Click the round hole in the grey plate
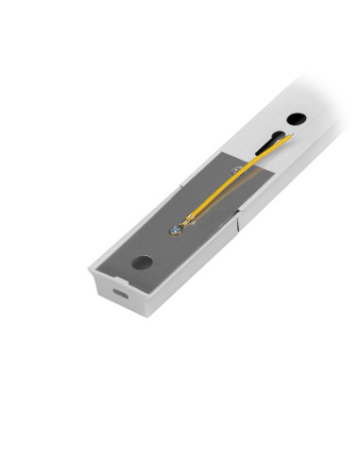coord(143,260)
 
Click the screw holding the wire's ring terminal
coord(174,230)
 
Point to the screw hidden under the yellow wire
coord(236,170)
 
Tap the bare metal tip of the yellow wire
coord(289,135)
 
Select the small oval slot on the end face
coord(117,294)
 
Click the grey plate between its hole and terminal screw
coord(159,245)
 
